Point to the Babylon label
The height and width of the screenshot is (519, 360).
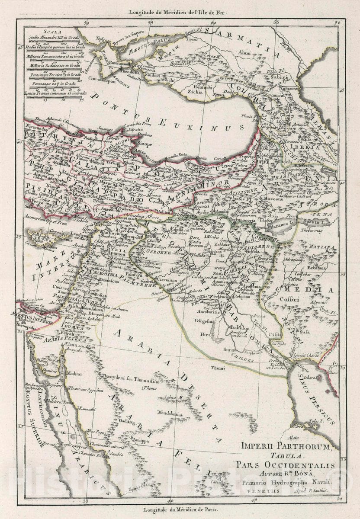241,328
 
